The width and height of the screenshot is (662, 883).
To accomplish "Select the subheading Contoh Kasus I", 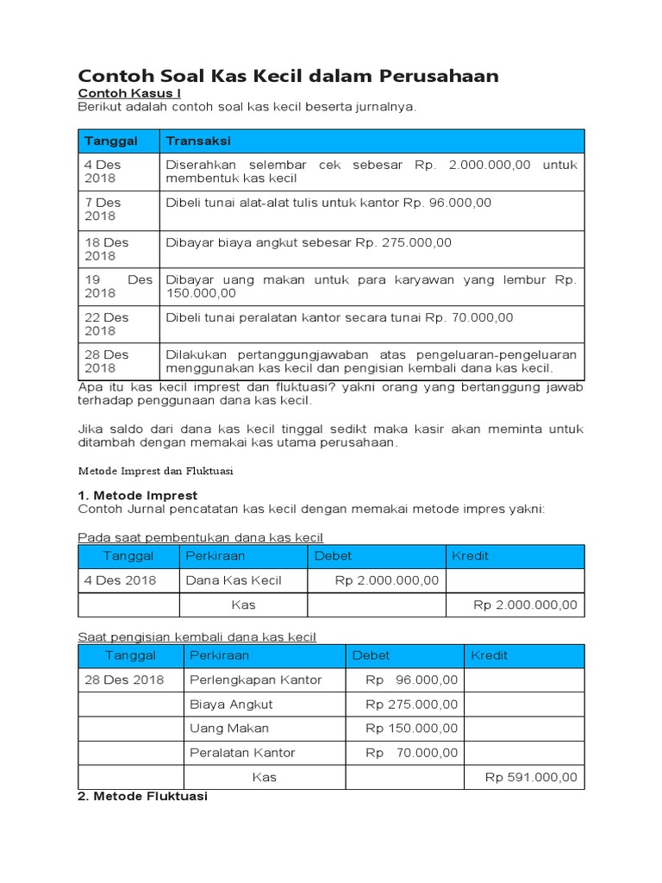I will [x=129, y=93].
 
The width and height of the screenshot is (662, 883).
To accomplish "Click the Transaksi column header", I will [x=197, y=141].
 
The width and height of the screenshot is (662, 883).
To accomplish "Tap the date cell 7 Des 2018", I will [x=103, y=209].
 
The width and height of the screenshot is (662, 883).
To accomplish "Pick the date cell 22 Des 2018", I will [x=106, y=323].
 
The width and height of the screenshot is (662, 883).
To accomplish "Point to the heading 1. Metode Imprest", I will [x=137, y=495].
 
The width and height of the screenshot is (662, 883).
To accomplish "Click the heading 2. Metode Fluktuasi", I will [x=142, y=797].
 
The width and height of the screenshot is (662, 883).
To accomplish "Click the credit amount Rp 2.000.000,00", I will [x=525, y=604].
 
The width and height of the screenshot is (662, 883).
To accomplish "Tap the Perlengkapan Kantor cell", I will [x=255, y=679].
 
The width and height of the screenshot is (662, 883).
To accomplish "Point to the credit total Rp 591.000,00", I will [x=531, y=777].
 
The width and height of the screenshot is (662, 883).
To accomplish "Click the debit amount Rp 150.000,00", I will [x=412, y=728].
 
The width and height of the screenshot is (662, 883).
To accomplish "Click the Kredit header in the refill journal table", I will [x=489, y=655].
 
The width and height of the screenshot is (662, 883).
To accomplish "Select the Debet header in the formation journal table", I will [x=333, y=556].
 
